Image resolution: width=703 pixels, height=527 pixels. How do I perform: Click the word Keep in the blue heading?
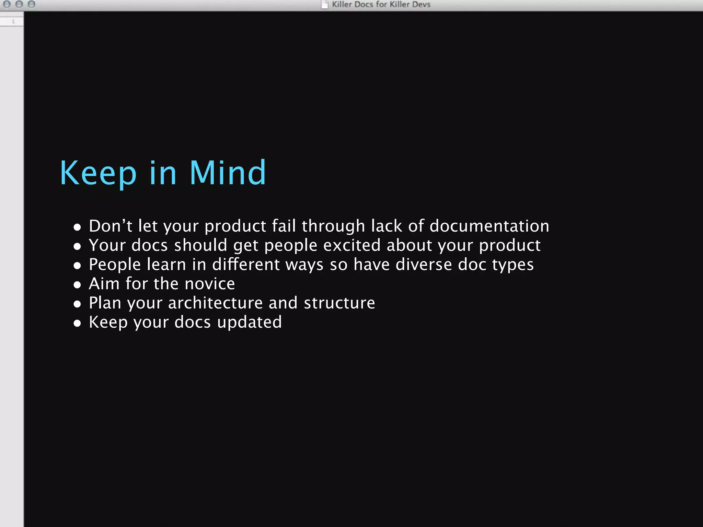98,173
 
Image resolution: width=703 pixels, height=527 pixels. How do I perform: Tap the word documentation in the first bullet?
489,226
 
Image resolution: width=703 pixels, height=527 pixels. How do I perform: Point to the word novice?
210,284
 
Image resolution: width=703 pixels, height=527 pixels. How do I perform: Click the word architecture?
215,303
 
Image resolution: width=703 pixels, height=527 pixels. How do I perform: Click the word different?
246,265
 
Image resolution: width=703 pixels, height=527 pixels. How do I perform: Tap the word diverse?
424,265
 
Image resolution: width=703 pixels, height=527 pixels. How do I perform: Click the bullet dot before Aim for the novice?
77,285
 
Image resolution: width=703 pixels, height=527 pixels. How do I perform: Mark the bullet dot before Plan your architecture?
77,304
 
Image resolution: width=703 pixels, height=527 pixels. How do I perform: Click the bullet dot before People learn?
77,266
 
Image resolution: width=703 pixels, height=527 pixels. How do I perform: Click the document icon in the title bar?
324,4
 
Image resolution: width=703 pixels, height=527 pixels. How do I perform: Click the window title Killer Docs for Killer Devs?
381,4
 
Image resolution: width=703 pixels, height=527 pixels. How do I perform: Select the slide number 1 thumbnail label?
13,22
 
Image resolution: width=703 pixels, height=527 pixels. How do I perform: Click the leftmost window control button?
7,4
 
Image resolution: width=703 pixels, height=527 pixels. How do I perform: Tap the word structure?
339,303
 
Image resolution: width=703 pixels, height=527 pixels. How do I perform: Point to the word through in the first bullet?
333,226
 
